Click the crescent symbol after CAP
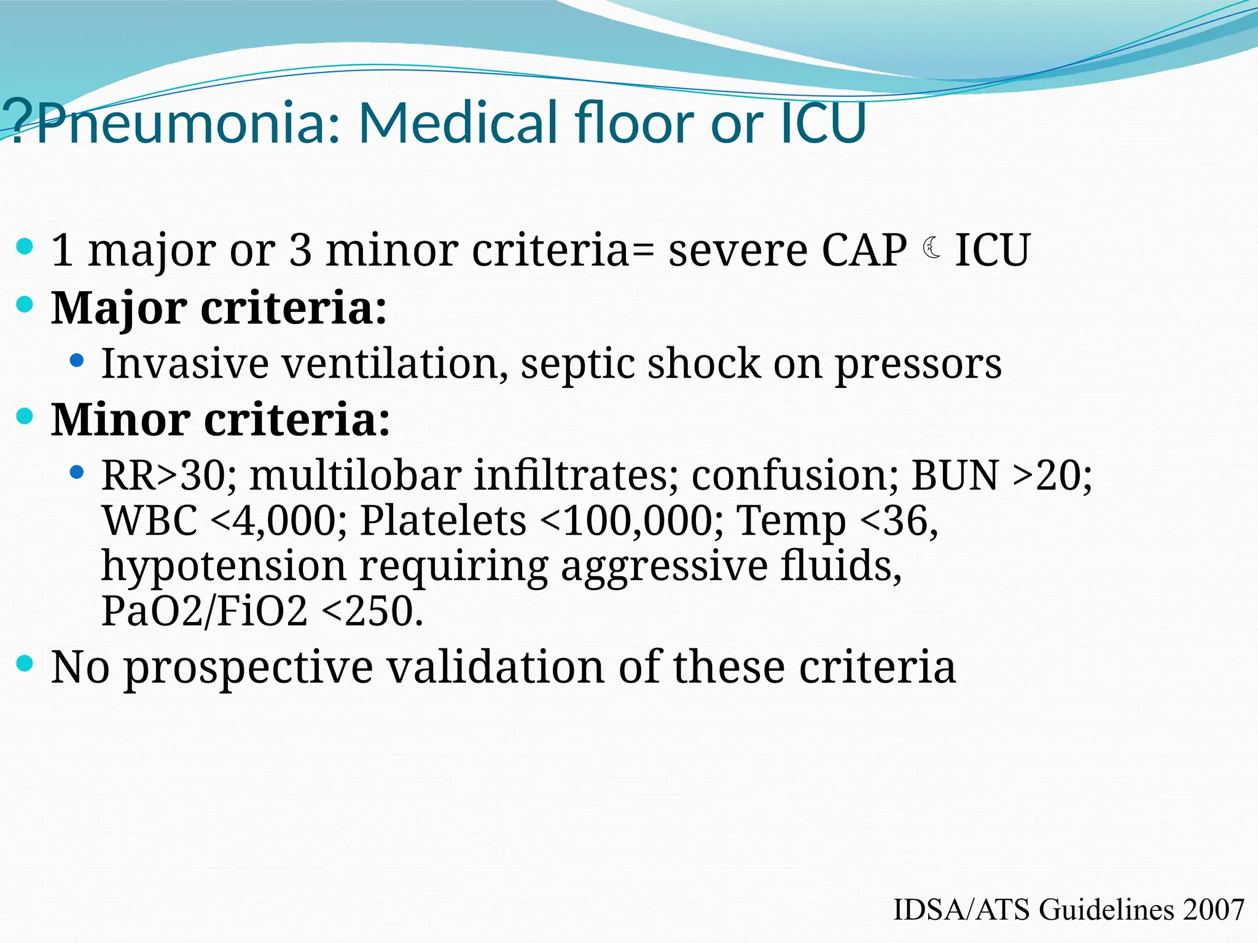(x=932, y=249)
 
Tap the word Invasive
(x=185, y=363)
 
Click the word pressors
(x=918, y=365)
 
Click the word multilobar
(x=354, y=475)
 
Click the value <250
(x=372, y=611)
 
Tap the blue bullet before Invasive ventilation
(x=77, y=361)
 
